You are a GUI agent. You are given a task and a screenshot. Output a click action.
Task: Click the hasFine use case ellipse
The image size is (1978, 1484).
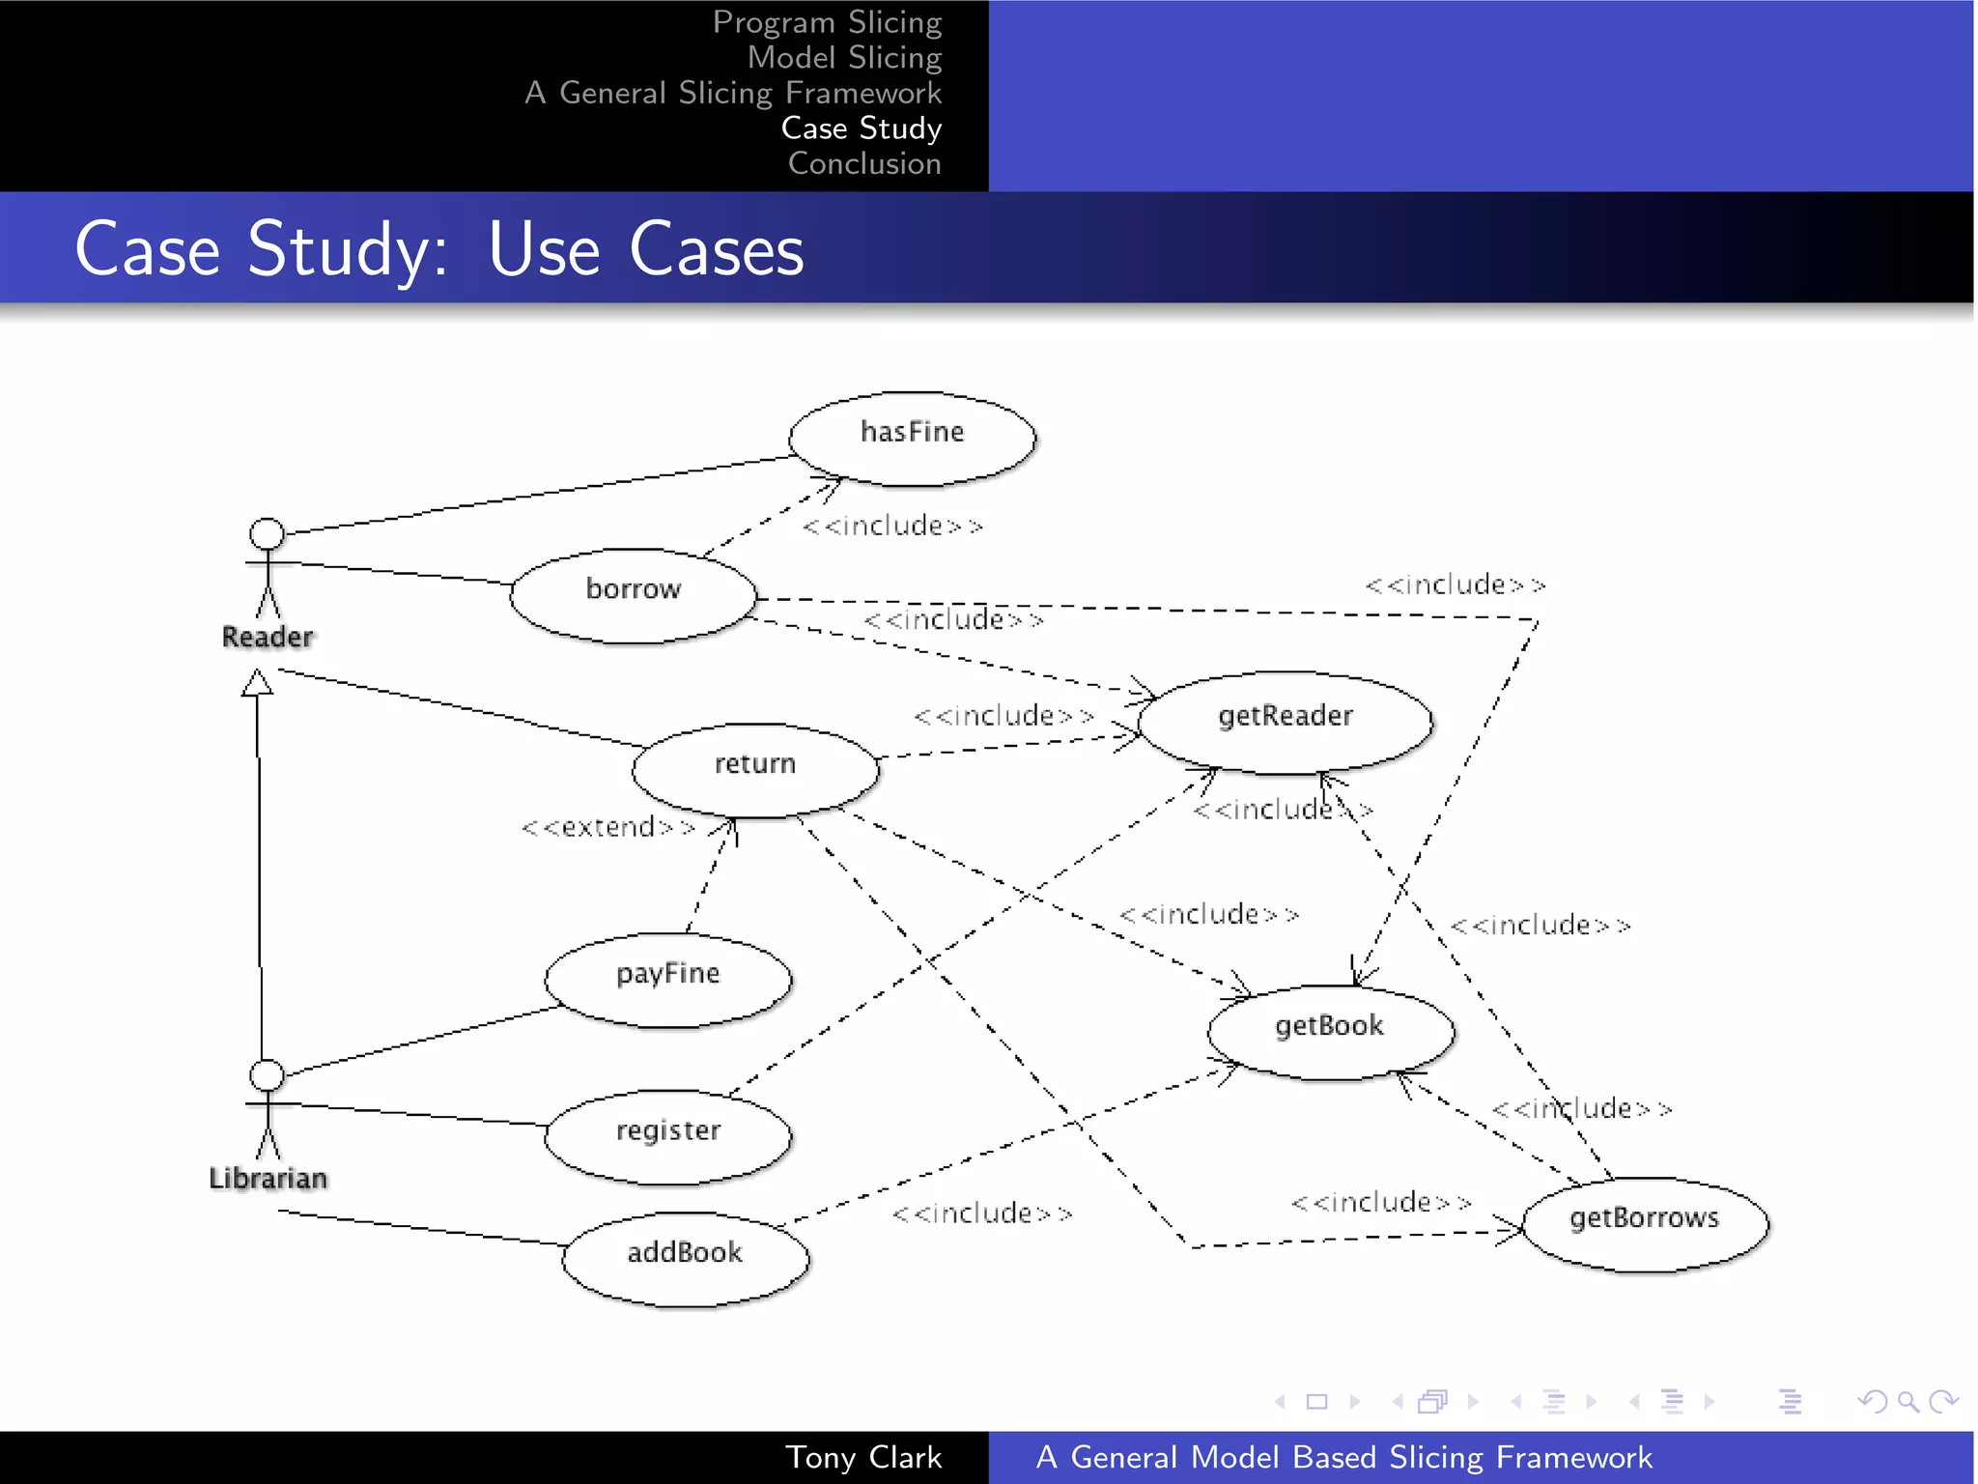(x=912, y=438)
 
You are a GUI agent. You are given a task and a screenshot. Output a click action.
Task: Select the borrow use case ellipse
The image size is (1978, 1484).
(x=634, y=595)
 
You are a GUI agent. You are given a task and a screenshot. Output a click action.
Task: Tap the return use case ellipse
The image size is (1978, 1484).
(x=755, y=770)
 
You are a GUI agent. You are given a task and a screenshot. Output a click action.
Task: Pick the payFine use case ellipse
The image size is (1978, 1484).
(x=668, y=979)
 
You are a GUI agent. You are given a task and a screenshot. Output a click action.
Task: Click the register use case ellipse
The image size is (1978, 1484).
(x=668, y=1136)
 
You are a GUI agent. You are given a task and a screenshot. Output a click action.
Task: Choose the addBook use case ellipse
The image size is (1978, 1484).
(x=686, y=1258)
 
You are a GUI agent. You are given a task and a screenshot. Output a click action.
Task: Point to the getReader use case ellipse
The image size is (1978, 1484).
(x=1285, y=722)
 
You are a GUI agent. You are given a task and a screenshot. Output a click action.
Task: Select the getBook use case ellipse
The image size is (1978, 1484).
(x=1330, y=1032)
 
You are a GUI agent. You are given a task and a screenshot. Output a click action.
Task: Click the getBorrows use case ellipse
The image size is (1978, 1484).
(x=1645, y=1223)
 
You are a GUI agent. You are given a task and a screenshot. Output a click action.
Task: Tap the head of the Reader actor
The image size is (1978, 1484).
(x=267, y=533)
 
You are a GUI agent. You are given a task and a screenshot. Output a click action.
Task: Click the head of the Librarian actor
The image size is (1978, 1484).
(x=267, y=1074)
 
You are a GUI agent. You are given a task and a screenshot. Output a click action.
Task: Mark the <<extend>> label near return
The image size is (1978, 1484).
(x=608, y=827)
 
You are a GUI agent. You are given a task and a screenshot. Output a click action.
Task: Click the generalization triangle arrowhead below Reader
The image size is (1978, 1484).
(x=257, y=683)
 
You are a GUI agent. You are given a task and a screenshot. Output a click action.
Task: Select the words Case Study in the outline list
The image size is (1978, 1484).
(x=861, y=128)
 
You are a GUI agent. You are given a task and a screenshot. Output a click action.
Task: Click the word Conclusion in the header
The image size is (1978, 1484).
(x=863, y=163)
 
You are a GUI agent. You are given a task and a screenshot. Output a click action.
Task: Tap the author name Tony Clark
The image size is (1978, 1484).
(x=862, y=1457)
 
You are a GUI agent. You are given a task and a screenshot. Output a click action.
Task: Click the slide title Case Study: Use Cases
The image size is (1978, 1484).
(x=439, y=249)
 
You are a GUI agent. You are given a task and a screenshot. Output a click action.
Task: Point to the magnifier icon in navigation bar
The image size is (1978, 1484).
(x=1907, y=1401)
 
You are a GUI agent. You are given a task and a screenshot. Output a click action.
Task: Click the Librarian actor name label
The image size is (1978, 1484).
(x=268, y=1178)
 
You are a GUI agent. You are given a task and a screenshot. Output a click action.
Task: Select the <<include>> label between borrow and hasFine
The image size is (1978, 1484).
(x=891, y=526)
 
